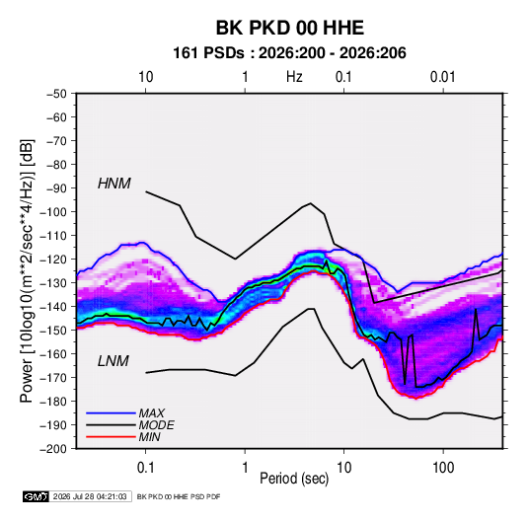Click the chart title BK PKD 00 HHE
tap(289, 28)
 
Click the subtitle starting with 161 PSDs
tap(289, 53)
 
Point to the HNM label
tap(114, 184)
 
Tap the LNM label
tap(113, 361)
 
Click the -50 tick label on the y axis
tap(57, 94)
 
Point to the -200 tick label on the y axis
tap(53, 449)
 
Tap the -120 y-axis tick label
tap(53, 260)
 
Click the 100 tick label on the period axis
tap(443, 468)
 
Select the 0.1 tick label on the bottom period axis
tap(145, 468)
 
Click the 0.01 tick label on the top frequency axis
tap(443, 77)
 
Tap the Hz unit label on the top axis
tap(294, 77)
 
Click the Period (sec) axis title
tap(294, 479)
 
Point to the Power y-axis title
tap(27, 270)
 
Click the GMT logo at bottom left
tap(36, 496)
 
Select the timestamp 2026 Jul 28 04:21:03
tap(90, 496)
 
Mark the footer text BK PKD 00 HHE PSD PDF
tap(179, 496)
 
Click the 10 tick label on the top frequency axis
tap(146, 77)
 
